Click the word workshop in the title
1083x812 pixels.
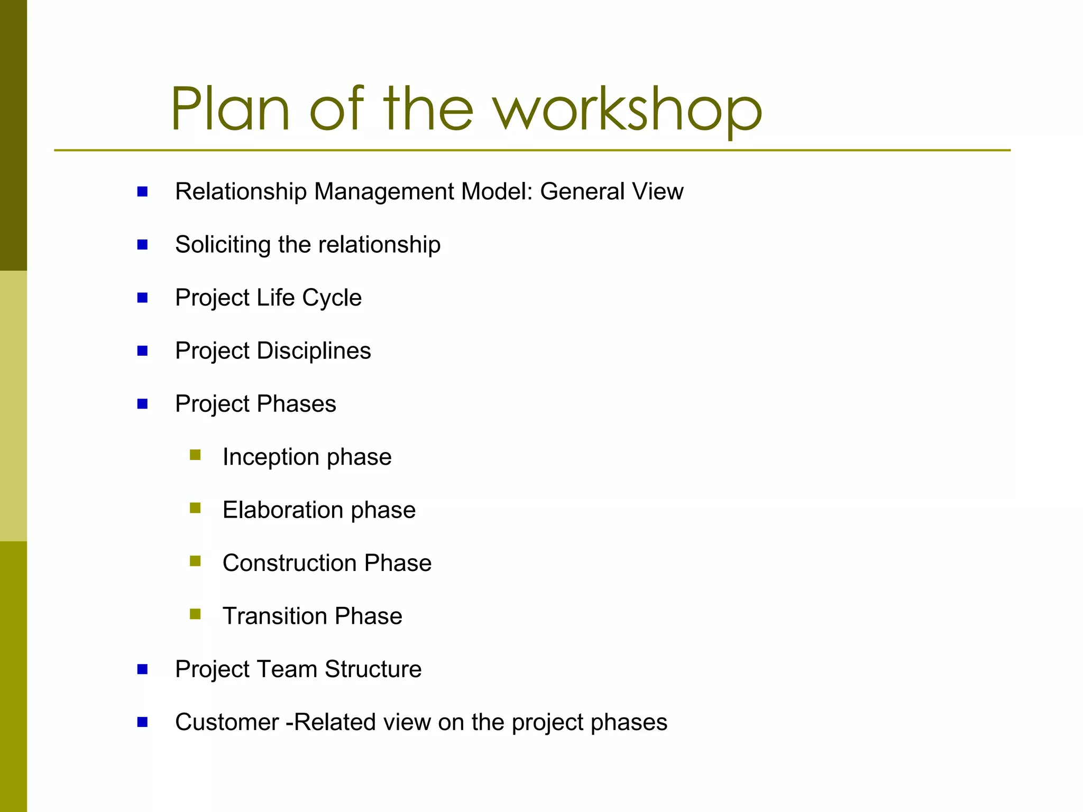click(627, 110)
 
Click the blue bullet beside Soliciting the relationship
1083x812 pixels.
click(142, 245)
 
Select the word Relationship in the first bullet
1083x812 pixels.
click(241, 192)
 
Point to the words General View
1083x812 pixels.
click(611, 192)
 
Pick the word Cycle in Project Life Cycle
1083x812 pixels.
click(332, 298)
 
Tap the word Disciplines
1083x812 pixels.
click(314, 351)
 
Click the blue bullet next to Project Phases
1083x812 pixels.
click(142, 404)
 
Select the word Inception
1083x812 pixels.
click(271, 457)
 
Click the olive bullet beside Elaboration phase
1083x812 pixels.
click(195, 509)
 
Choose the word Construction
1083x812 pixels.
click(289, 563)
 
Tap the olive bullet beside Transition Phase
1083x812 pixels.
click(195, 614)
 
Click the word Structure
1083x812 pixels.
click(373, 669)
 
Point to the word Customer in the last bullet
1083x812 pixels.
click(227, 723)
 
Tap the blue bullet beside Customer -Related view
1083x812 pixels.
click(142, 722)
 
